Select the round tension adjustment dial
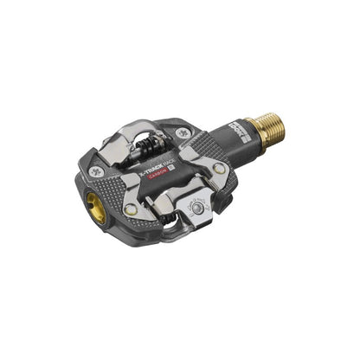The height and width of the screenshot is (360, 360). tap(198, 207)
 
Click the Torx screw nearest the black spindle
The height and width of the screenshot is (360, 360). tap(183, 133)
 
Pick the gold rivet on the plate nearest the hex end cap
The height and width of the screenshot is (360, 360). tap(130, 209)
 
